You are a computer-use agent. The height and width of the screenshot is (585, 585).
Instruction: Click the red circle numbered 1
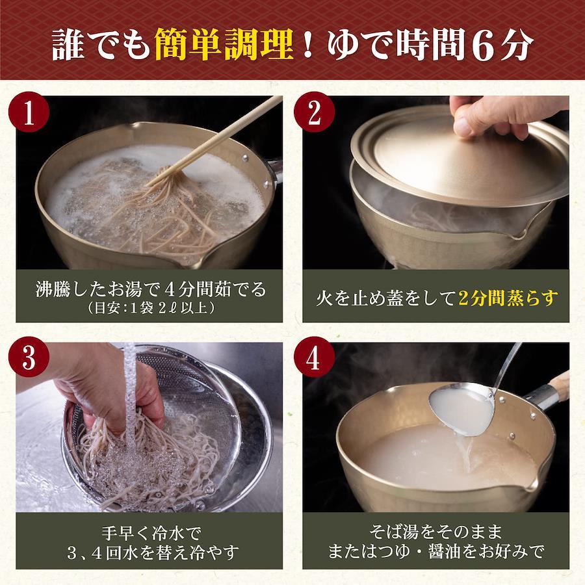pyautogui.click(x=29, y=112)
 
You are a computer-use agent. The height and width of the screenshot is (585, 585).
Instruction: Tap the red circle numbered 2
pyautogui.click(x=314, y=112)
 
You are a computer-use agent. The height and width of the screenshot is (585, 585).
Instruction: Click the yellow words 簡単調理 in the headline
pyautogui.click(x=224, y=44)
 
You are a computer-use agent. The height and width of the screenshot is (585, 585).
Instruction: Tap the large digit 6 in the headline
pyautogui.click(x=484, y=45)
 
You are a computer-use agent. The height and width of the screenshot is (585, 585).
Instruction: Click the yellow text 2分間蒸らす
pyautogui.click(x=508, y=298)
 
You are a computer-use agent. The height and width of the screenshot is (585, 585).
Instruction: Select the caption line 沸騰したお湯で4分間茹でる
pyautogui.click(x=151, y=289)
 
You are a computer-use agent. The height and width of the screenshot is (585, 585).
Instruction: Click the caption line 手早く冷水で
pyautogui.click(x=151, y=533)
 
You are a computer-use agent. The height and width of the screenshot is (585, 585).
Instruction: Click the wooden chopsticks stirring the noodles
pyautogui.click(x=214, y=141)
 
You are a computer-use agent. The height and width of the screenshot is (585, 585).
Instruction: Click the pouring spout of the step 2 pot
pyautogui.click(x=521, y=234)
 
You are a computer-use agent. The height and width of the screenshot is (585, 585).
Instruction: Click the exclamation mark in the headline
pyautogui.click(x=308, y=44)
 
